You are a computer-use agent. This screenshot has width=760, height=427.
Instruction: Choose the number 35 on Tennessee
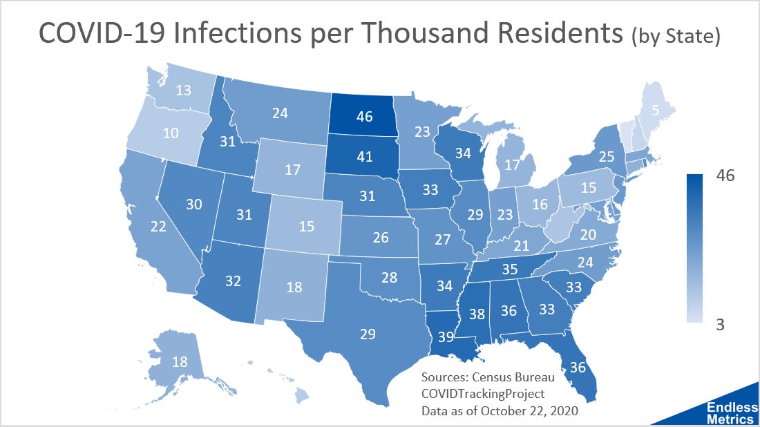[509, 269]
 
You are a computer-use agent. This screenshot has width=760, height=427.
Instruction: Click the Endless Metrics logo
[730, 412]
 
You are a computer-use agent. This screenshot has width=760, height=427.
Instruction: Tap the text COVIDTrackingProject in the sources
[482, 393]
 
